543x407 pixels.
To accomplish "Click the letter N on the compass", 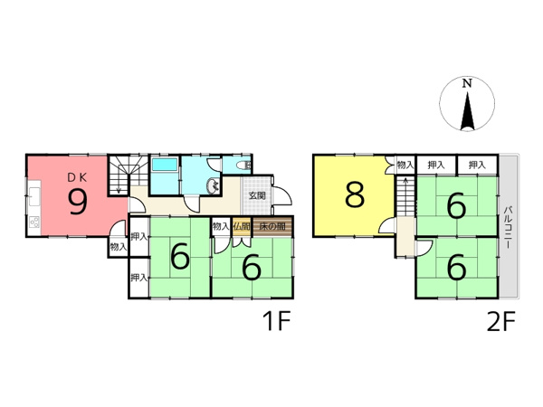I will tap(467, 84).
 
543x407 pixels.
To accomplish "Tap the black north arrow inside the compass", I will tap(467, 111).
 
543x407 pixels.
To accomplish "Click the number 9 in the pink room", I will tap(78, 201).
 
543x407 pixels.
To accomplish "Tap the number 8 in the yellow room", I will tap(354, 194).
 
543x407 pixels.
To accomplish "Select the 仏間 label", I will tap(241, 226).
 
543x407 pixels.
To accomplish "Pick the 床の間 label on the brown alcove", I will tap(272, 226).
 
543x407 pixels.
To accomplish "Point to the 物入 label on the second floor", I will tap(405, 166).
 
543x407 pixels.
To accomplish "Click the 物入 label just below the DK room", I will tap(119, 246).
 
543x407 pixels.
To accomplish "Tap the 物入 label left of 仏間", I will tap(220, 226).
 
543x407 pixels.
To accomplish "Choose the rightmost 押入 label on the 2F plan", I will tap(478, 166).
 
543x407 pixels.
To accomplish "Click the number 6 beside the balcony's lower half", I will tap(456, 267).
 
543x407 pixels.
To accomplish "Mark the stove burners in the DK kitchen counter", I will tap(33, 222).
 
